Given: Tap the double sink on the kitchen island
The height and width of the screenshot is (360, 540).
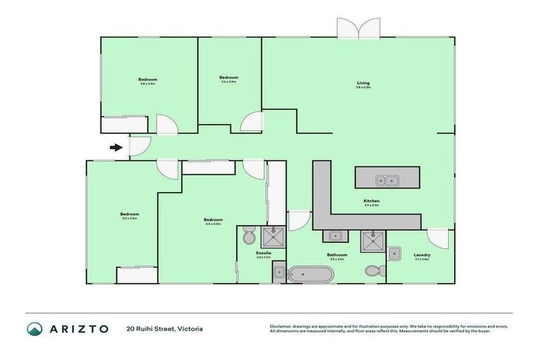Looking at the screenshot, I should point(386,181).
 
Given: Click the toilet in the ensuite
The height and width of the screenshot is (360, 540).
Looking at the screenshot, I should point(247,233).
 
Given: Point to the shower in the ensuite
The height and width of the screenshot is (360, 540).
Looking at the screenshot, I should point(274,235).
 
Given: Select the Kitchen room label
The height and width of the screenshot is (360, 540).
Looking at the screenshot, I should point(372,202).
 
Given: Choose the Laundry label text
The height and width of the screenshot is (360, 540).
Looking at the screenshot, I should point(422,255).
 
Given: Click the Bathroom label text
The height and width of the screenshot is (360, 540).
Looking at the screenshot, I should point(337,255).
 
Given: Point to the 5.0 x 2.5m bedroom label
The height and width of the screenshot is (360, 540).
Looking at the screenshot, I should point(129,215).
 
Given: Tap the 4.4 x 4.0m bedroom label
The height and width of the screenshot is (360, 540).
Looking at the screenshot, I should point(213,220).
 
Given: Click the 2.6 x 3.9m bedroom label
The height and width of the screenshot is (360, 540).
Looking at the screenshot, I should point(229,79).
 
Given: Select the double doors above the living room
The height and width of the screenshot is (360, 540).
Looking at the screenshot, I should point(358,28).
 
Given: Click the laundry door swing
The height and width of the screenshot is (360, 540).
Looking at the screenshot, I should point(437,237).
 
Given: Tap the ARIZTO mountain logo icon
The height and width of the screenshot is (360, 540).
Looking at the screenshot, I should point(34,328).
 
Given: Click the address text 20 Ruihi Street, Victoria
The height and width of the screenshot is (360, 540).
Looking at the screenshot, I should point(165,328).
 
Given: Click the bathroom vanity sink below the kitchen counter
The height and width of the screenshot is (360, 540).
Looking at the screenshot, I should point(335,236).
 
